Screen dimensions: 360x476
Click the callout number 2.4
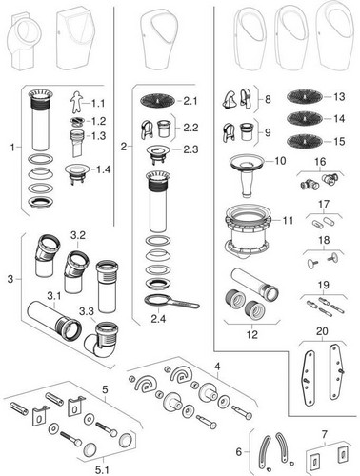[x=158, y=318]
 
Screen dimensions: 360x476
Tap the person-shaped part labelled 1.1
[x=75, y=102]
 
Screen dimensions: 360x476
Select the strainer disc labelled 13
[x=305, y=96]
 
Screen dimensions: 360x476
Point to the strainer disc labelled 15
[x=305, y=141]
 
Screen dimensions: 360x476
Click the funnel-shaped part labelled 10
[x=248, y=174]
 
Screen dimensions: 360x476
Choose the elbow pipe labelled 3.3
[x=100, y=340]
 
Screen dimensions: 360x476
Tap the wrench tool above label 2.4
[x=171, y=302]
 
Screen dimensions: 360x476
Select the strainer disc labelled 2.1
[x=157, y=101]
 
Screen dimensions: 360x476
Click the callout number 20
[x=322, y=331]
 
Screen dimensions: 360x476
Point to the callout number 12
[x=252, y=334]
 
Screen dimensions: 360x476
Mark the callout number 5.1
[x=102, y=470]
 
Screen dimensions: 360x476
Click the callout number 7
[x=325, y=434]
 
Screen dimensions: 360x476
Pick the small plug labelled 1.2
[x=77, y=121]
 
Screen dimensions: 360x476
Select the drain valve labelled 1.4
[x=76, y=174]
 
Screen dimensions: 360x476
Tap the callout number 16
[x=320, y=162]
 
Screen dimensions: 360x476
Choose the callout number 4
[x=217, y=367]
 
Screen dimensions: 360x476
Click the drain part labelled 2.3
[x=158, y=153]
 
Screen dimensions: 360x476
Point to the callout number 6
[x=239, y=451]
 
